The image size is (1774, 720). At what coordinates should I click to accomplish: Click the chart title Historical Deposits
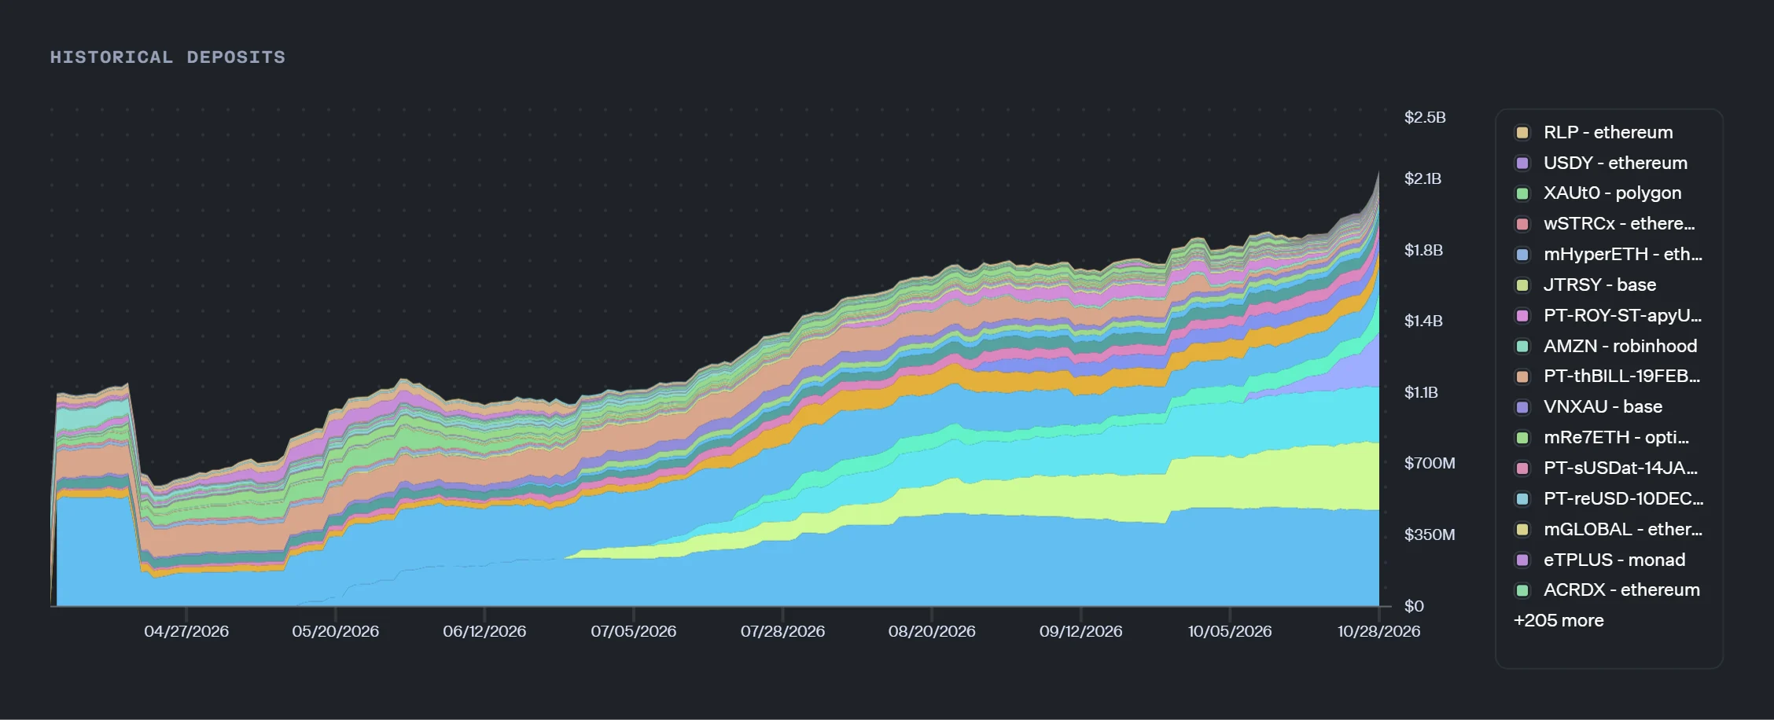167,57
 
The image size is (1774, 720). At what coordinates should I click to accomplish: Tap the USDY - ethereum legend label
1615,163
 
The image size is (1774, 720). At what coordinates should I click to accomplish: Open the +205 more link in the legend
1559,620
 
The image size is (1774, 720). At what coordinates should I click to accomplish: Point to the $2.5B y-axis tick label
1425,117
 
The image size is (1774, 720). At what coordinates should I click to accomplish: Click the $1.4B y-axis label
1423,321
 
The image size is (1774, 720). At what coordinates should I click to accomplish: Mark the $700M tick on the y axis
1430,463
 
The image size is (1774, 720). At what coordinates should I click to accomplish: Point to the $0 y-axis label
1414,606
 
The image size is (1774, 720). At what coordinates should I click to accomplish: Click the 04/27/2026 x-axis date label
186,631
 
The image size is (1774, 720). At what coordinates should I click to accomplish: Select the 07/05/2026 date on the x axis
634,631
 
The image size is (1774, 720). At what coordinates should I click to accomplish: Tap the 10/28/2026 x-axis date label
1379,631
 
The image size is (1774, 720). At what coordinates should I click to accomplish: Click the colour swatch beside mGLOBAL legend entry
1522,529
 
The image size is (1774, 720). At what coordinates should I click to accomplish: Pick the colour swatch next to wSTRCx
1522,224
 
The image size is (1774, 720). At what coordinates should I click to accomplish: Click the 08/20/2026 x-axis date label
932,631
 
